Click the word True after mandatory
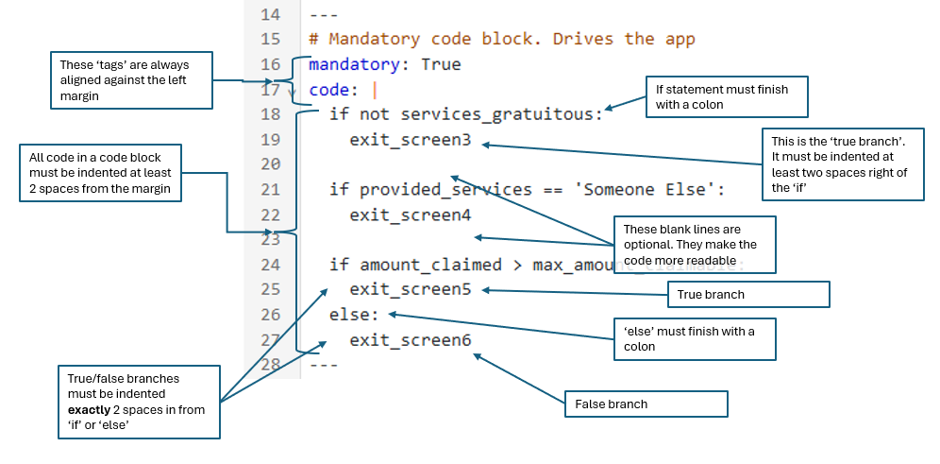click(441, 65)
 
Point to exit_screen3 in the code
click(410, 140)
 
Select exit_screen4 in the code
click(410, 215)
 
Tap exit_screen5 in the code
click(410, 289)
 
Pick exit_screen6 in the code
click(410, 340)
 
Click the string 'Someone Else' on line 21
click(645, 190)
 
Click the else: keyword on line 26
click(354, 315)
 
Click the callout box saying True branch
click(748, 295)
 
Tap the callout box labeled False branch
click(646, 404)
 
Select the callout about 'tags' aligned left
click(132, 80)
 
